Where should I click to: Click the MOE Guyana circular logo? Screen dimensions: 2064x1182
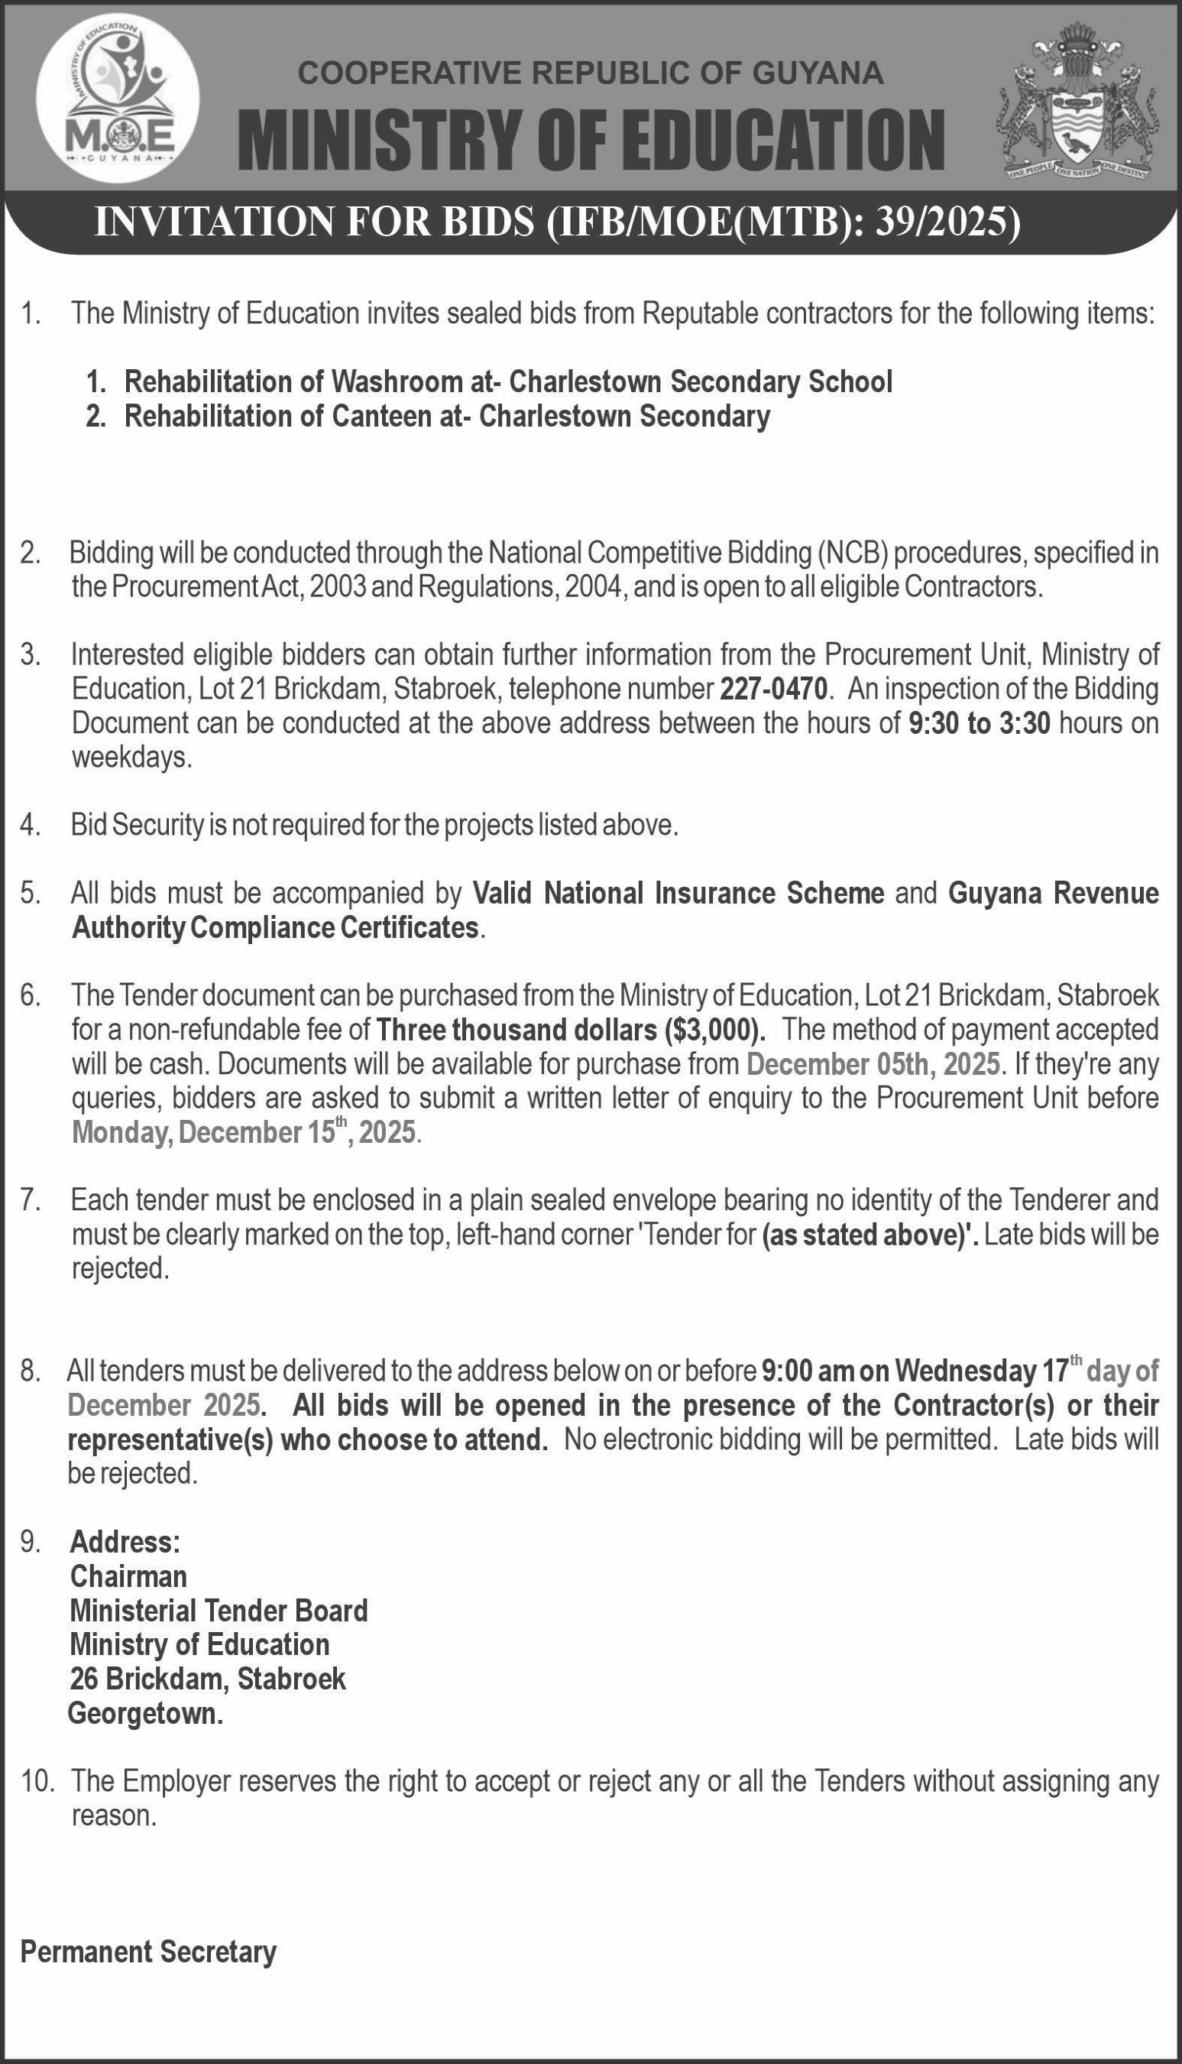118,96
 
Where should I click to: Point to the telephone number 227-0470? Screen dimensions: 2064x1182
773,689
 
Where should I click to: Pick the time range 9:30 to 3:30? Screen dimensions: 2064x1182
979,722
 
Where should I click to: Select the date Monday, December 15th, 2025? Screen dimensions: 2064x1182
244,1131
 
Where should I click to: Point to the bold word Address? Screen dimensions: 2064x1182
125,1540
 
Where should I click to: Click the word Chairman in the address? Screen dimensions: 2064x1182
128,1576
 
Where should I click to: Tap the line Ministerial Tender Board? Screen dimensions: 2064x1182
219,1610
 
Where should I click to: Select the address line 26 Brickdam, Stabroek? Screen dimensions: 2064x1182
208,1678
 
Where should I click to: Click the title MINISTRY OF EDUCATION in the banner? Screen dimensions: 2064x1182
591,140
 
